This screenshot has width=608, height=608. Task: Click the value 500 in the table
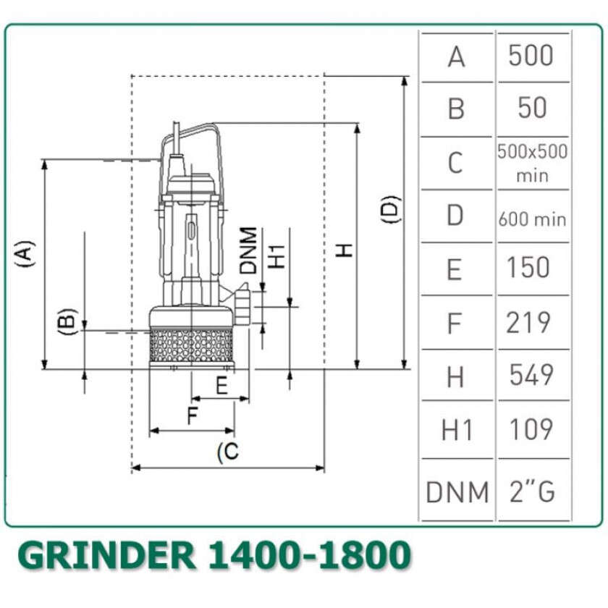531,56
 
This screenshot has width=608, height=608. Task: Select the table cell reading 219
528,322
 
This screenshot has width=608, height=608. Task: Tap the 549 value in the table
531,375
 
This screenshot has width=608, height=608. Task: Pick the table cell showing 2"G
532,491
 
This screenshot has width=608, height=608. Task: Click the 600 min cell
533,219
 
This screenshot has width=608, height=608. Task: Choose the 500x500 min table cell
533,164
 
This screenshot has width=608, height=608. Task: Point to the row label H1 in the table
457,430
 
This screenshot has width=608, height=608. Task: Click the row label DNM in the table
457,492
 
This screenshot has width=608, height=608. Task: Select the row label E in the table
455,269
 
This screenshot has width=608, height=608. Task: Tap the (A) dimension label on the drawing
25,253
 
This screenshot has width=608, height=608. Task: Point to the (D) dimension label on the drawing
389,209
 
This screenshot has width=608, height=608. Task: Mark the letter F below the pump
193,415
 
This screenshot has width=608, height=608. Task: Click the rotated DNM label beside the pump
248,250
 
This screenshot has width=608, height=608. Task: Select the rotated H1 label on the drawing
277,256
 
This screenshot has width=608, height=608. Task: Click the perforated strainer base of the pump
192,346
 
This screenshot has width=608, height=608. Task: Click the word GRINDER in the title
106,555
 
